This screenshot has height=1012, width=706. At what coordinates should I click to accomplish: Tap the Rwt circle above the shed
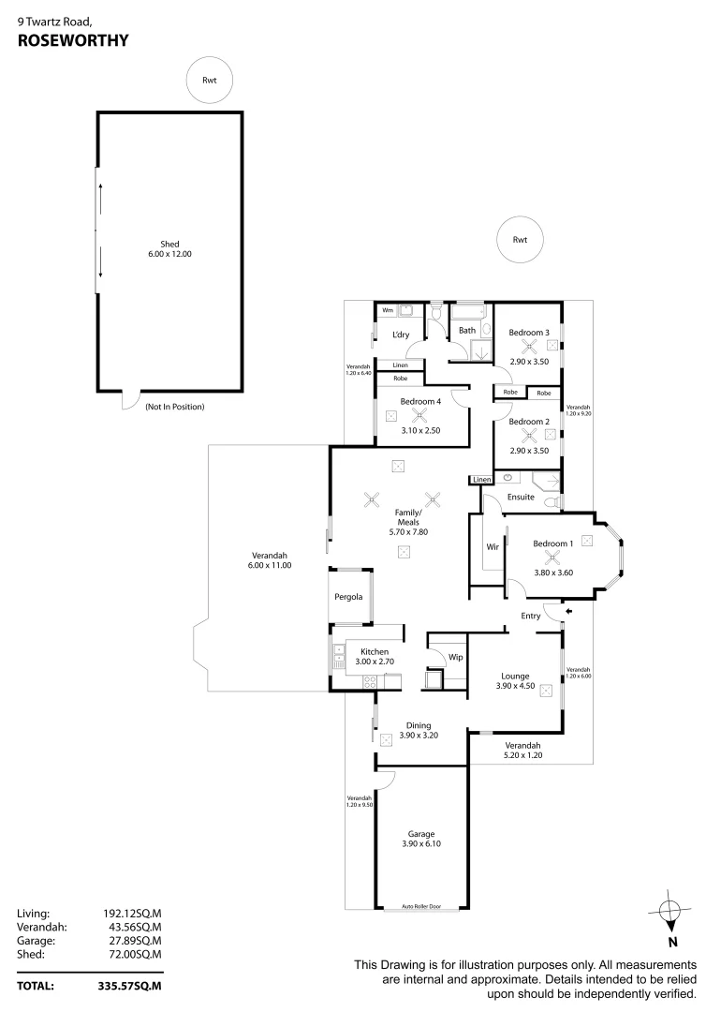point(209,81)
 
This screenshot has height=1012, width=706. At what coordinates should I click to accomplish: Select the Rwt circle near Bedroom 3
point(520,240)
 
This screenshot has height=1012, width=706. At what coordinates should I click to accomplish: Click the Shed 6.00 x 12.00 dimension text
point(169,254)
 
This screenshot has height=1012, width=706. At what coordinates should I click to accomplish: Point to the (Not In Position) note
point(174,407)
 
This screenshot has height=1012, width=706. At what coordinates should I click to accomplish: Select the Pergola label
point(349,597)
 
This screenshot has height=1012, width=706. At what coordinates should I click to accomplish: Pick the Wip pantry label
point(455,657)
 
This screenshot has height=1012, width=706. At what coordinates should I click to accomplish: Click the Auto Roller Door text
point(420,906)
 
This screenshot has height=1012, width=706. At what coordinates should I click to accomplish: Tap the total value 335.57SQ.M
point(131,986)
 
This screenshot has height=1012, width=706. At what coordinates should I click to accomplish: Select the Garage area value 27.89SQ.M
point(131,940)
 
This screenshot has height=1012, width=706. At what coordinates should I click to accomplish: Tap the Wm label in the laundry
point(387,309)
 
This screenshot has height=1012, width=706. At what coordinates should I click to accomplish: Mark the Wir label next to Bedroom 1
point(491,546)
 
